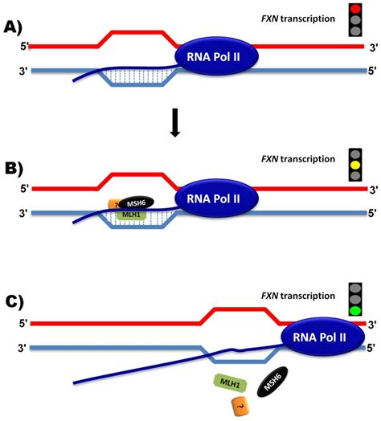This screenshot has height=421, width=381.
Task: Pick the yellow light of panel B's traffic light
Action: coord(355,163)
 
